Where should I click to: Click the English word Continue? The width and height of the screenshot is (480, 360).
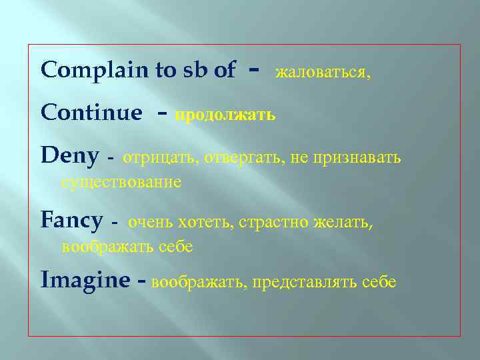(x=91, y=113)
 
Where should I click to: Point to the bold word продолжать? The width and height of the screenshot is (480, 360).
(x=225, y=115)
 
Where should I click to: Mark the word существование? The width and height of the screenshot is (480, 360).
(x=121, y=182)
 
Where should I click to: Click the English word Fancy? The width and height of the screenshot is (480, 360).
(x=71, y=221)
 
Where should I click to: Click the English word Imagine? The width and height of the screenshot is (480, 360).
(x=85, y=281)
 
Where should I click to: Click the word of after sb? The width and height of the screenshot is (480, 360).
(x=224, y=71)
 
